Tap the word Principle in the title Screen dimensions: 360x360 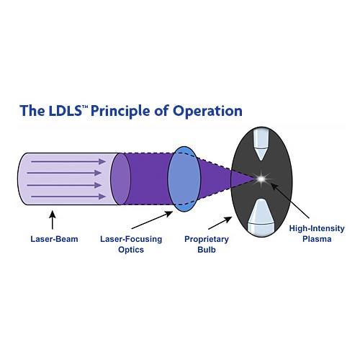(x=120, y=112)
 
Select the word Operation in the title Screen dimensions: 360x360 (x=207, y=112)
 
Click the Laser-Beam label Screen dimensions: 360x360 (x=54, y=239)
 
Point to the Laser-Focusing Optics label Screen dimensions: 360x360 (x=131, y=244)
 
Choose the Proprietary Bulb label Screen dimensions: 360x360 (x=207, y=244)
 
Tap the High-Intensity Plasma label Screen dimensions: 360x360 (x=317, y=233)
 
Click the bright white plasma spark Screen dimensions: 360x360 (x=261, y=179)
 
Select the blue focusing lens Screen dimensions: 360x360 (x=184, y=179)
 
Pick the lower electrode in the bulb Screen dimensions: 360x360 (x=261, y=217)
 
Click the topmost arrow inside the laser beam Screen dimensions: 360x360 (x=68, y=161)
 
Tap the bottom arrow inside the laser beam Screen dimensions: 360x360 (x=68, y=197)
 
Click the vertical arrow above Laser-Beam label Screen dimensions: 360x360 (x=53, y=220)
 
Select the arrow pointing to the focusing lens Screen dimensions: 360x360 (x=152, y=220)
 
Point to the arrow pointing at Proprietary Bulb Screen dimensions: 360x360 (x=220, y=223)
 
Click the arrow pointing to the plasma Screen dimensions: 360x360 (x=290, y=201)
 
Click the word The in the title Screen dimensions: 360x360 (x=32, y=111)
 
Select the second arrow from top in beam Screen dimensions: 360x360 (x=64, y=173)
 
